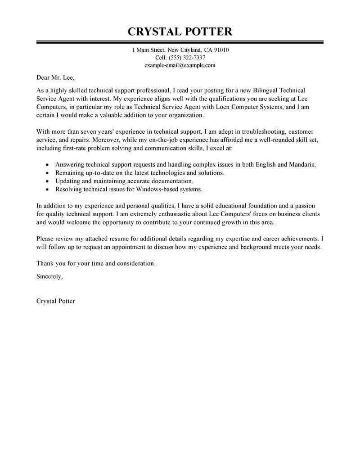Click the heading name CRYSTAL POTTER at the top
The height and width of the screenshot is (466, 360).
[x=180, y=32]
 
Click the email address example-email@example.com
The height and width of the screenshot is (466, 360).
[x=180, y=65]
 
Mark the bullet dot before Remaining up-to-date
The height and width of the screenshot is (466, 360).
[x=48, y=173]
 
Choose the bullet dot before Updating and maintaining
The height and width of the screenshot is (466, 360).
[x=48, y=181]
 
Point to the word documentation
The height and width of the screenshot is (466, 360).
[x=170, y=181]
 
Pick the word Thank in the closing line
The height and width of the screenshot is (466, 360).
[x=45, y=263]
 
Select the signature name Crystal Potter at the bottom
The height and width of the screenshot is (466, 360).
[x=55, y=301]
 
